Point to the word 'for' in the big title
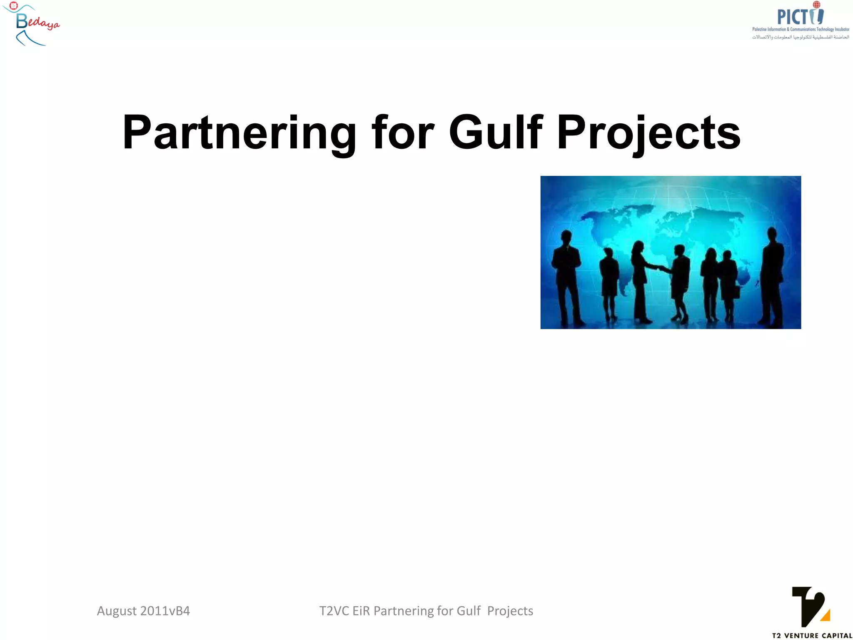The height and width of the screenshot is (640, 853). [403, 132]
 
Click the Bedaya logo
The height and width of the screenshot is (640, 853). [32, 24]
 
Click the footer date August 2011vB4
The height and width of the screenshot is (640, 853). [143, 611]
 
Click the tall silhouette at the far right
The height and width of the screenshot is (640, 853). [772, 277]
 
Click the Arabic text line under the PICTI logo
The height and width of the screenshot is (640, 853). [800, 37]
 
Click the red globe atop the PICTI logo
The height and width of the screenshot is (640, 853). [816, 5]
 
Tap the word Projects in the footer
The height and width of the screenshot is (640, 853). [510, 611]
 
